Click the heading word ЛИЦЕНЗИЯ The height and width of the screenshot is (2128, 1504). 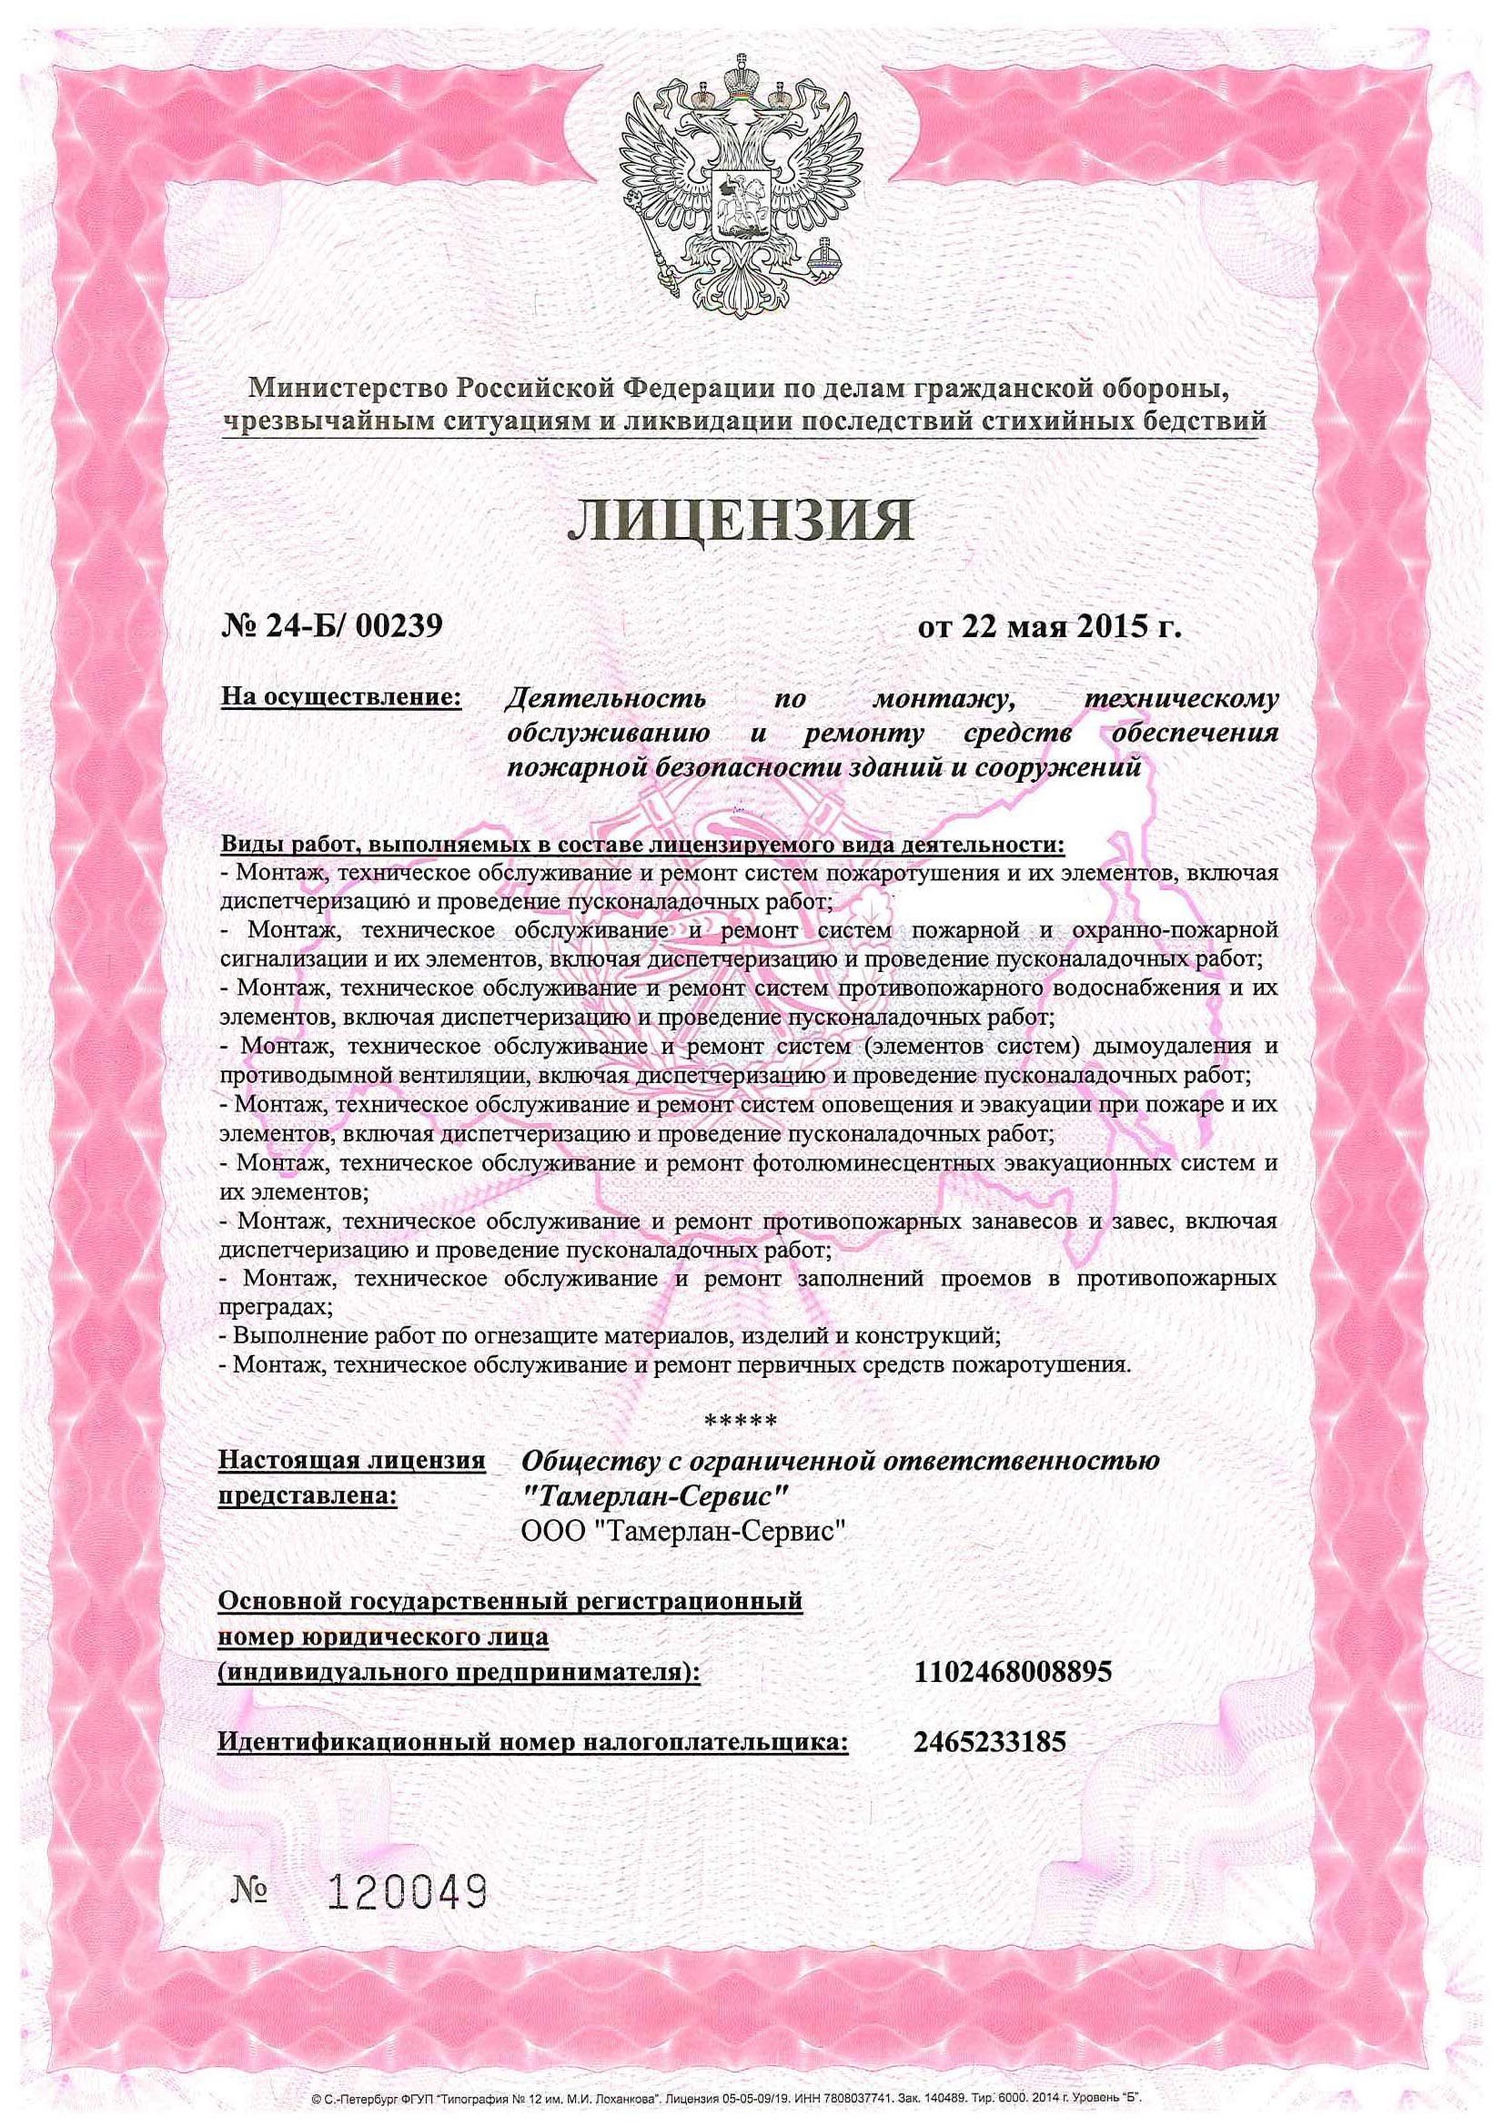click(740, 521)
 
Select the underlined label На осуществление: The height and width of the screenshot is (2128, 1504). click(341, 696)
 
